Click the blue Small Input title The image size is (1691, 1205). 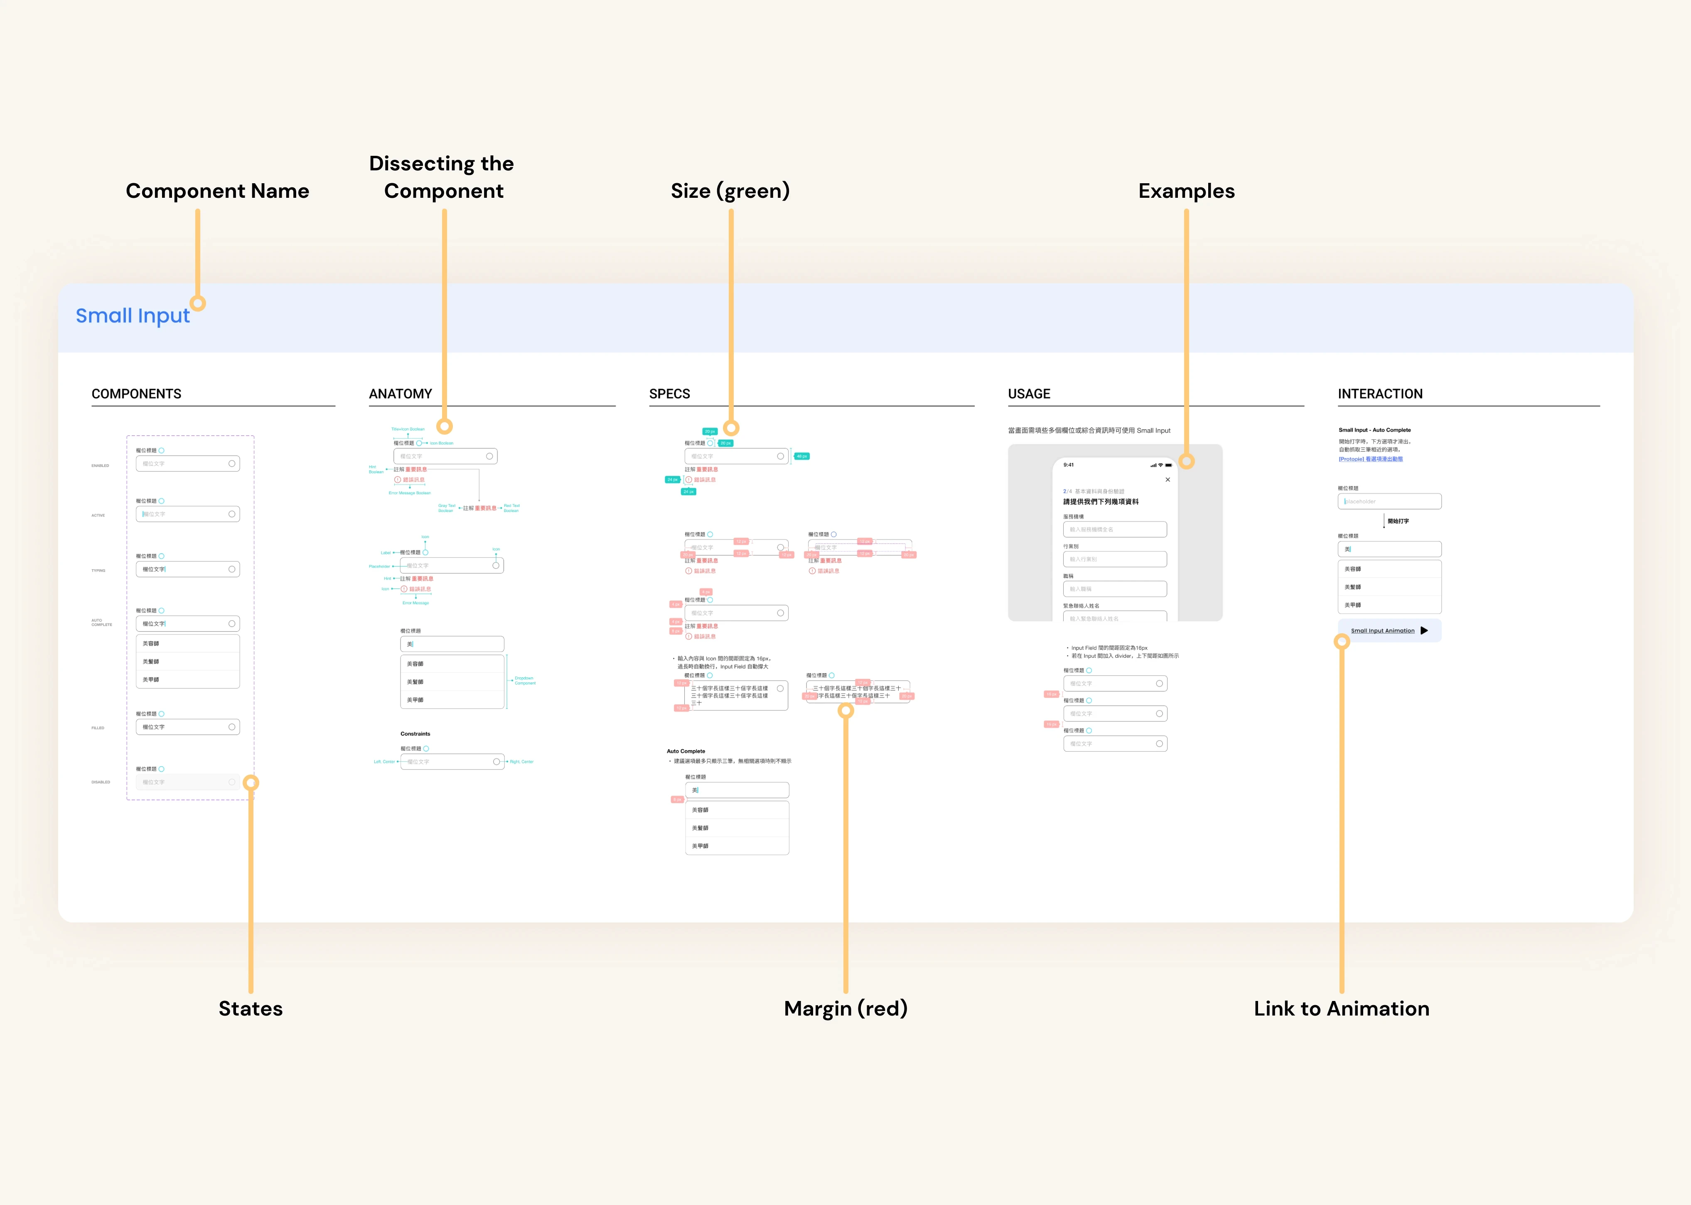(x=133, y=316)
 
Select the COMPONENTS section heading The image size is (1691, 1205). (x=137, y=394)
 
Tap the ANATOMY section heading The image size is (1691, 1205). (x=400, y=394)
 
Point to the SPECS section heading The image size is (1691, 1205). (x=669, y=394)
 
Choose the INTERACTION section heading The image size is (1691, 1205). (x=1380, y=394)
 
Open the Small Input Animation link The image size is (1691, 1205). (x=1382, y=631)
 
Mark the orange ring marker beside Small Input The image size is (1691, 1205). (x=197, y=303)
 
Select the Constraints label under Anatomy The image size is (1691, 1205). (x=415, y=734)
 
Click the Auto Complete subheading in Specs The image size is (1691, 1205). (x=686, y=751)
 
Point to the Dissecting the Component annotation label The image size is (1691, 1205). (x=442, y=177)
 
